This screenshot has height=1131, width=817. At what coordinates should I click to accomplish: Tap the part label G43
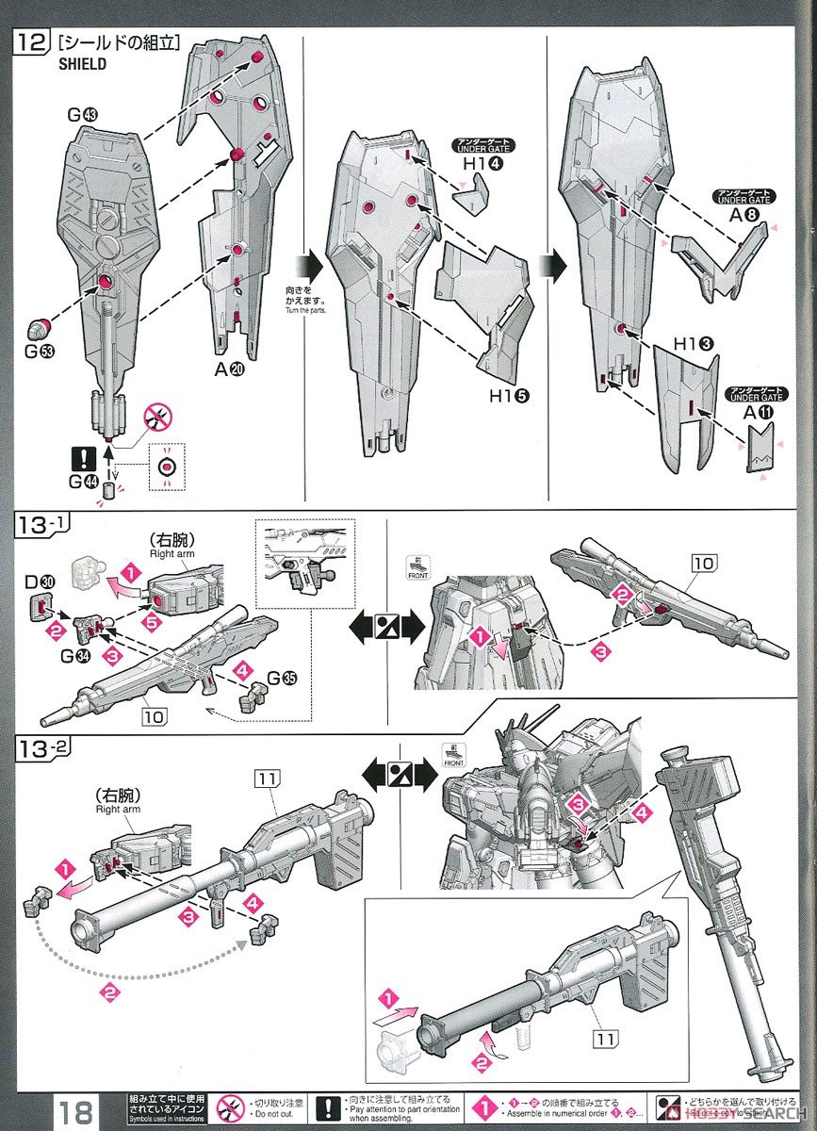pos(83,115)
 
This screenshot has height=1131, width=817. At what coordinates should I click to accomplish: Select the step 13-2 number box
pos(38,749)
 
